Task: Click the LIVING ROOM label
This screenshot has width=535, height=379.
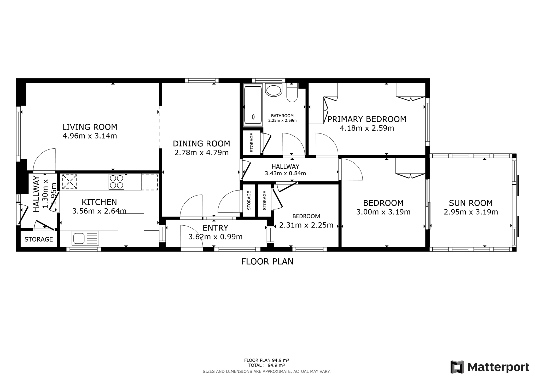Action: [x=90, y=127]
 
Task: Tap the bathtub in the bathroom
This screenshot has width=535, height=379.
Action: [x=253, y=105]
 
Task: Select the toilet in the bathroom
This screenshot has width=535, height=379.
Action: [x=292, y=92]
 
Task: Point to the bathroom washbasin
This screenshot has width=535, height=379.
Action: [x=274, y=90]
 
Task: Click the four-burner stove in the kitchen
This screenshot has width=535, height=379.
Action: [x=117, y=181]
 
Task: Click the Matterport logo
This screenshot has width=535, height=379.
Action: [x=490, y=367]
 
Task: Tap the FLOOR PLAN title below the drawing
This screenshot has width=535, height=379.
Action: [x=267, y=261]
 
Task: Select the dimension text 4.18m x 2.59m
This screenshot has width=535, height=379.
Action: [x=367, y=128]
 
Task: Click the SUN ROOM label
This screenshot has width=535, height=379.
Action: [x=471, y=203]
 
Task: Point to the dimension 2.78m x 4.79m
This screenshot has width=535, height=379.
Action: [x=201, y=152]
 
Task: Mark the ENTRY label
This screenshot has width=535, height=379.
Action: [x=216, y=228]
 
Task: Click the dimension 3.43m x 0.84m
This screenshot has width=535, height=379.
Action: [x=285, y=173]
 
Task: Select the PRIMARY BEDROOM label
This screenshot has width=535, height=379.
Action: [x=367, y=119]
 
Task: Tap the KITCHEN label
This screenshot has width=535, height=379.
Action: [x=99, y=202]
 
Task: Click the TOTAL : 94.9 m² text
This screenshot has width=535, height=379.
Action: [x=266, y=365]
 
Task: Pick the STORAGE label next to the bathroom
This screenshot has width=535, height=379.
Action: [x=252, y=143]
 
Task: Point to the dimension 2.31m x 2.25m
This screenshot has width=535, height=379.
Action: [x=306, y=225]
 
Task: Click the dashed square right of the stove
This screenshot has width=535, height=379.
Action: [x=150, y=182]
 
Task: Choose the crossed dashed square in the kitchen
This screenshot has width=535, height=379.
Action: [x=69, y=182]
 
